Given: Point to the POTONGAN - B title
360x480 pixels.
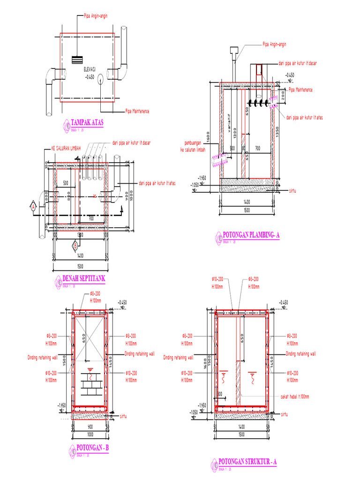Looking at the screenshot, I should (x=92, y=448).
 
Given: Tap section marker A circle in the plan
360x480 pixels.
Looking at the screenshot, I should (x=33, y=206).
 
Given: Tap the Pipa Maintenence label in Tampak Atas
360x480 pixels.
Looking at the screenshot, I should (x=137, y=111).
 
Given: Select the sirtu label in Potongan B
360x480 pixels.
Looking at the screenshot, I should (x=124, y=415).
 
